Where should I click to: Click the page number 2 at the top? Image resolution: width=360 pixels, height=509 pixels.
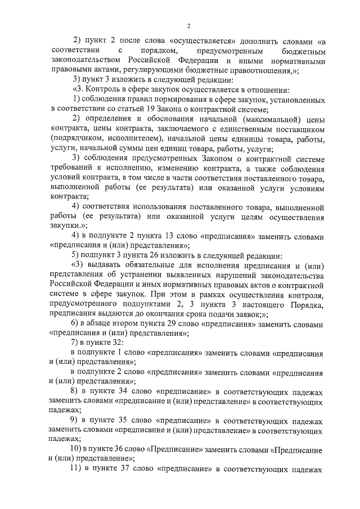(189, 26)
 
